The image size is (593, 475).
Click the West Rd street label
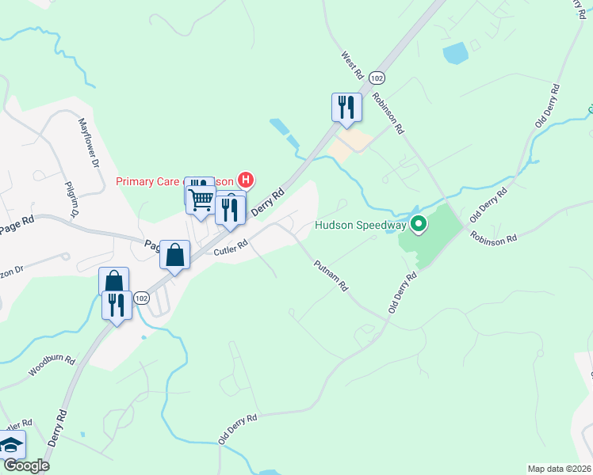click(x=352, y=65)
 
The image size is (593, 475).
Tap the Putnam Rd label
click(x=331, y=276)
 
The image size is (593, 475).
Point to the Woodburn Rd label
click(x=52, y=365)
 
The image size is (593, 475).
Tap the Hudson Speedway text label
click(x=360, y=225)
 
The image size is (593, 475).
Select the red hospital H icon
click(x=246, y=180)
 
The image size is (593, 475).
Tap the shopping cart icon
click(x=201, y=199)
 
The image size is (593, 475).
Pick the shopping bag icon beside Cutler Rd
click(x=175, y=254)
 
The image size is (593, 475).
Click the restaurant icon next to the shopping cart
click(x=230, y=210)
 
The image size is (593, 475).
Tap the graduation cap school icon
click(x=11, y=445)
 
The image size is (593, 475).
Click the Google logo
click(x=26, y=466)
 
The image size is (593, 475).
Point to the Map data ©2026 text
click(x=560, y=469)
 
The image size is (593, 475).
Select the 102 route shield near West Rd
click(x=378, y=78)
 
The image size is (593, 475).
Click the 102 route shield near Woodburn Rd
click(x=140, y=298)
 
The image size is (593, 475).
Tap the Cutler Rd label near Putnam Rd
click(x=231, y=248)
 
